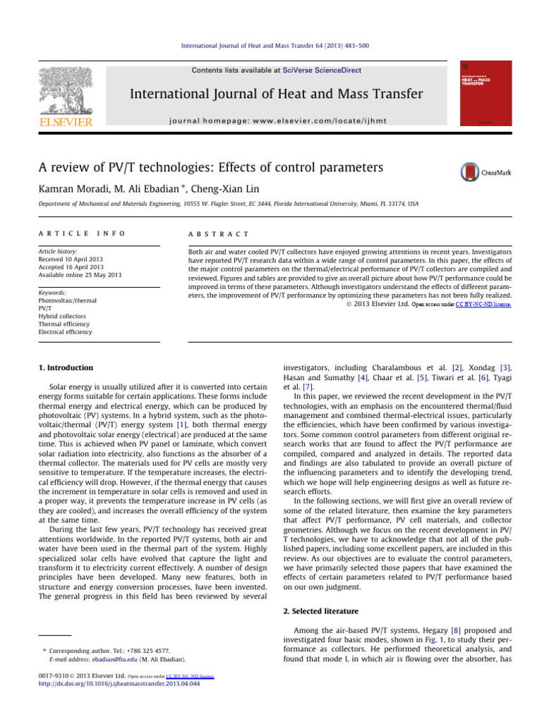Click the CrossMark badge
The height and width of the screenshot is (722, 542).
click(x=479, y=171)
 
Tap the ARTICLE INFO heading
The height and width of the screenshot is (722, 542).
click(x=70, y=233)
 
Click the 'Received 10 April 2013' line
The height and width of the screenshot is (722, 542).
click(x=68, y=259)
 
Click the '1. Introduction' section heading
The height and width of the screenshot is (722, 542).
click(x=64, y=367)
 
